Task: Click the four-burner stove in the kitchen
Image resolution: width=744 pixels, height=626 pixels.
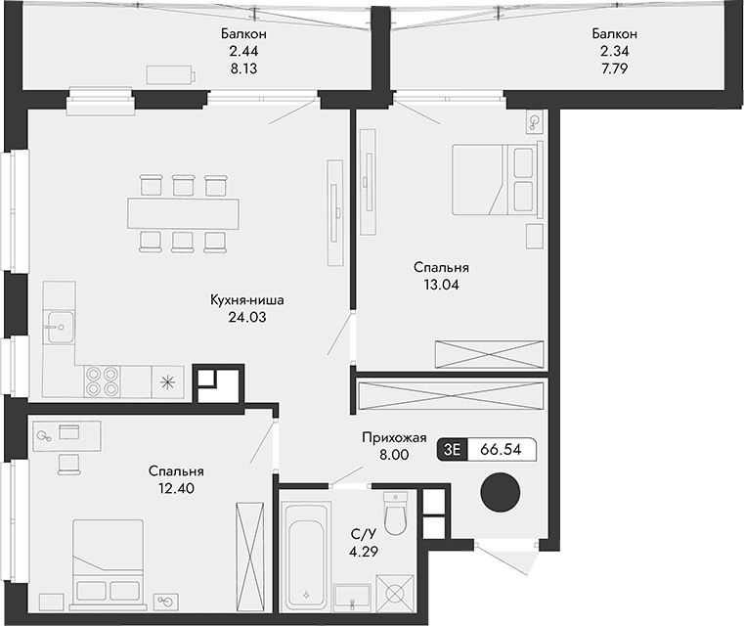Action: pos(102,380)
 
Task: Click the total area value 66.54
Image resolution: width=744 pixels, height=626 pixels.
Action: pos(502,449)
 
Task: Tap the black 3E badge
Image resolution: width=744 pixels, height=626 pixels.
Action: pos(453,449)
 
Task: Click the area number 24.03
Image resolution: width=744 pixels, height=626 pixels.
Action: pos(245,317)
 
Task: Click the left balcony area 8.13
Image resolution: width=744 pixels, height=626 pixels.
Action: pos(243,69)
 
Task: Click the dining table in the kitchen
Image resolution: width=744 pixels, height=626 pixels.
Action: pos(184,211)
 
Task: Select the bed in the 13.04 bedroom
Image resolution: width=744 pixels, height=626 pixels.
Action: pos(495,179)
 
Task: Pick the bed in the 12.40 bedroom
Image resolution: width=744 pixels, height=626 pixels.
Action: pos(109,560)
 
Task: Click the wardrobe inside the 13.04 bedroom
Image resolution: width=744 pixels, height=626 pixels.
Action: pos(490,353)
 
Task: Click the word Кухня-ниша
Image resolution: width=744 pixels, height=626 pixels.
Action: pos(246,300)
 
